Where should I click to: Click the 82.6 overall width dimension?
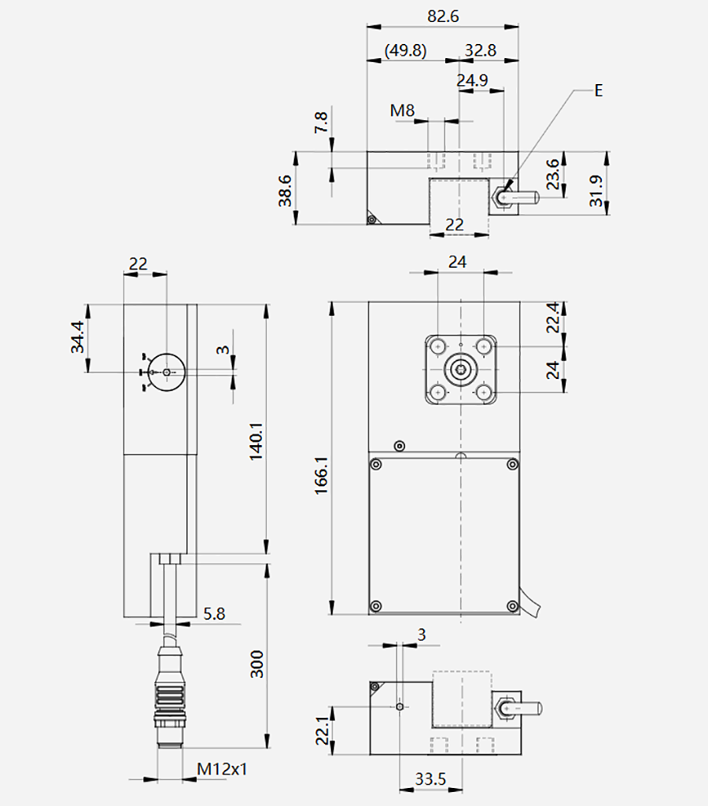pos(443,17)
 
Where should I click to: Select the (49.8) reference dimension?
pos(405,50)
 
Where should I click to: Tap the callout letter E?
pos(598,90)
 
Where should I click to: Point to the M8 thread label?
pos(402,110)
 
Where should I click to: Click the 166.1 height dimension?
pos(322,474)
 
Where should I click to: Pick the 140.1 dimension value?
pos(256,441)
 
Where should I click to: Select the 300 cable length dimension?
pos(256,664)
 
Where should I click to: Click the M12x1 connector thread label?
pos(222,769)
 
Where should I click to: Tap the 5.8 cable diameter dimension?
pos(214,613)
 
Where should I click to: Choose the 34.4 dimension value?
pos(77,337)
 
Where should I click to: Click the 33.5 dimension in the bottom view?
pos(430,779)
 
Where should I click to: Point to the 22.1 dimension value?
pos(323,731)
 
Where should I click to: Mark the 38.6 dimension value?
pos(285,191)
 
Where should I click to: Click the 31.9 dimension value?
pos(596,191)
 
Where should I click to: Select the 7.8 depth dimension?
pos(321,123)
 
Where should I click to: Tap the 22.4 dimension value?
pos(552,318)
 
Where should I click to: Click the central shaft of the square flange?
pos(461,369)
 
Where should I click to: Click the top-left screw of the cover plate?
pos(376,465)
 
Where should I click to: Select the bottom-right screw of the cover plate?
pos(512,606)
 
